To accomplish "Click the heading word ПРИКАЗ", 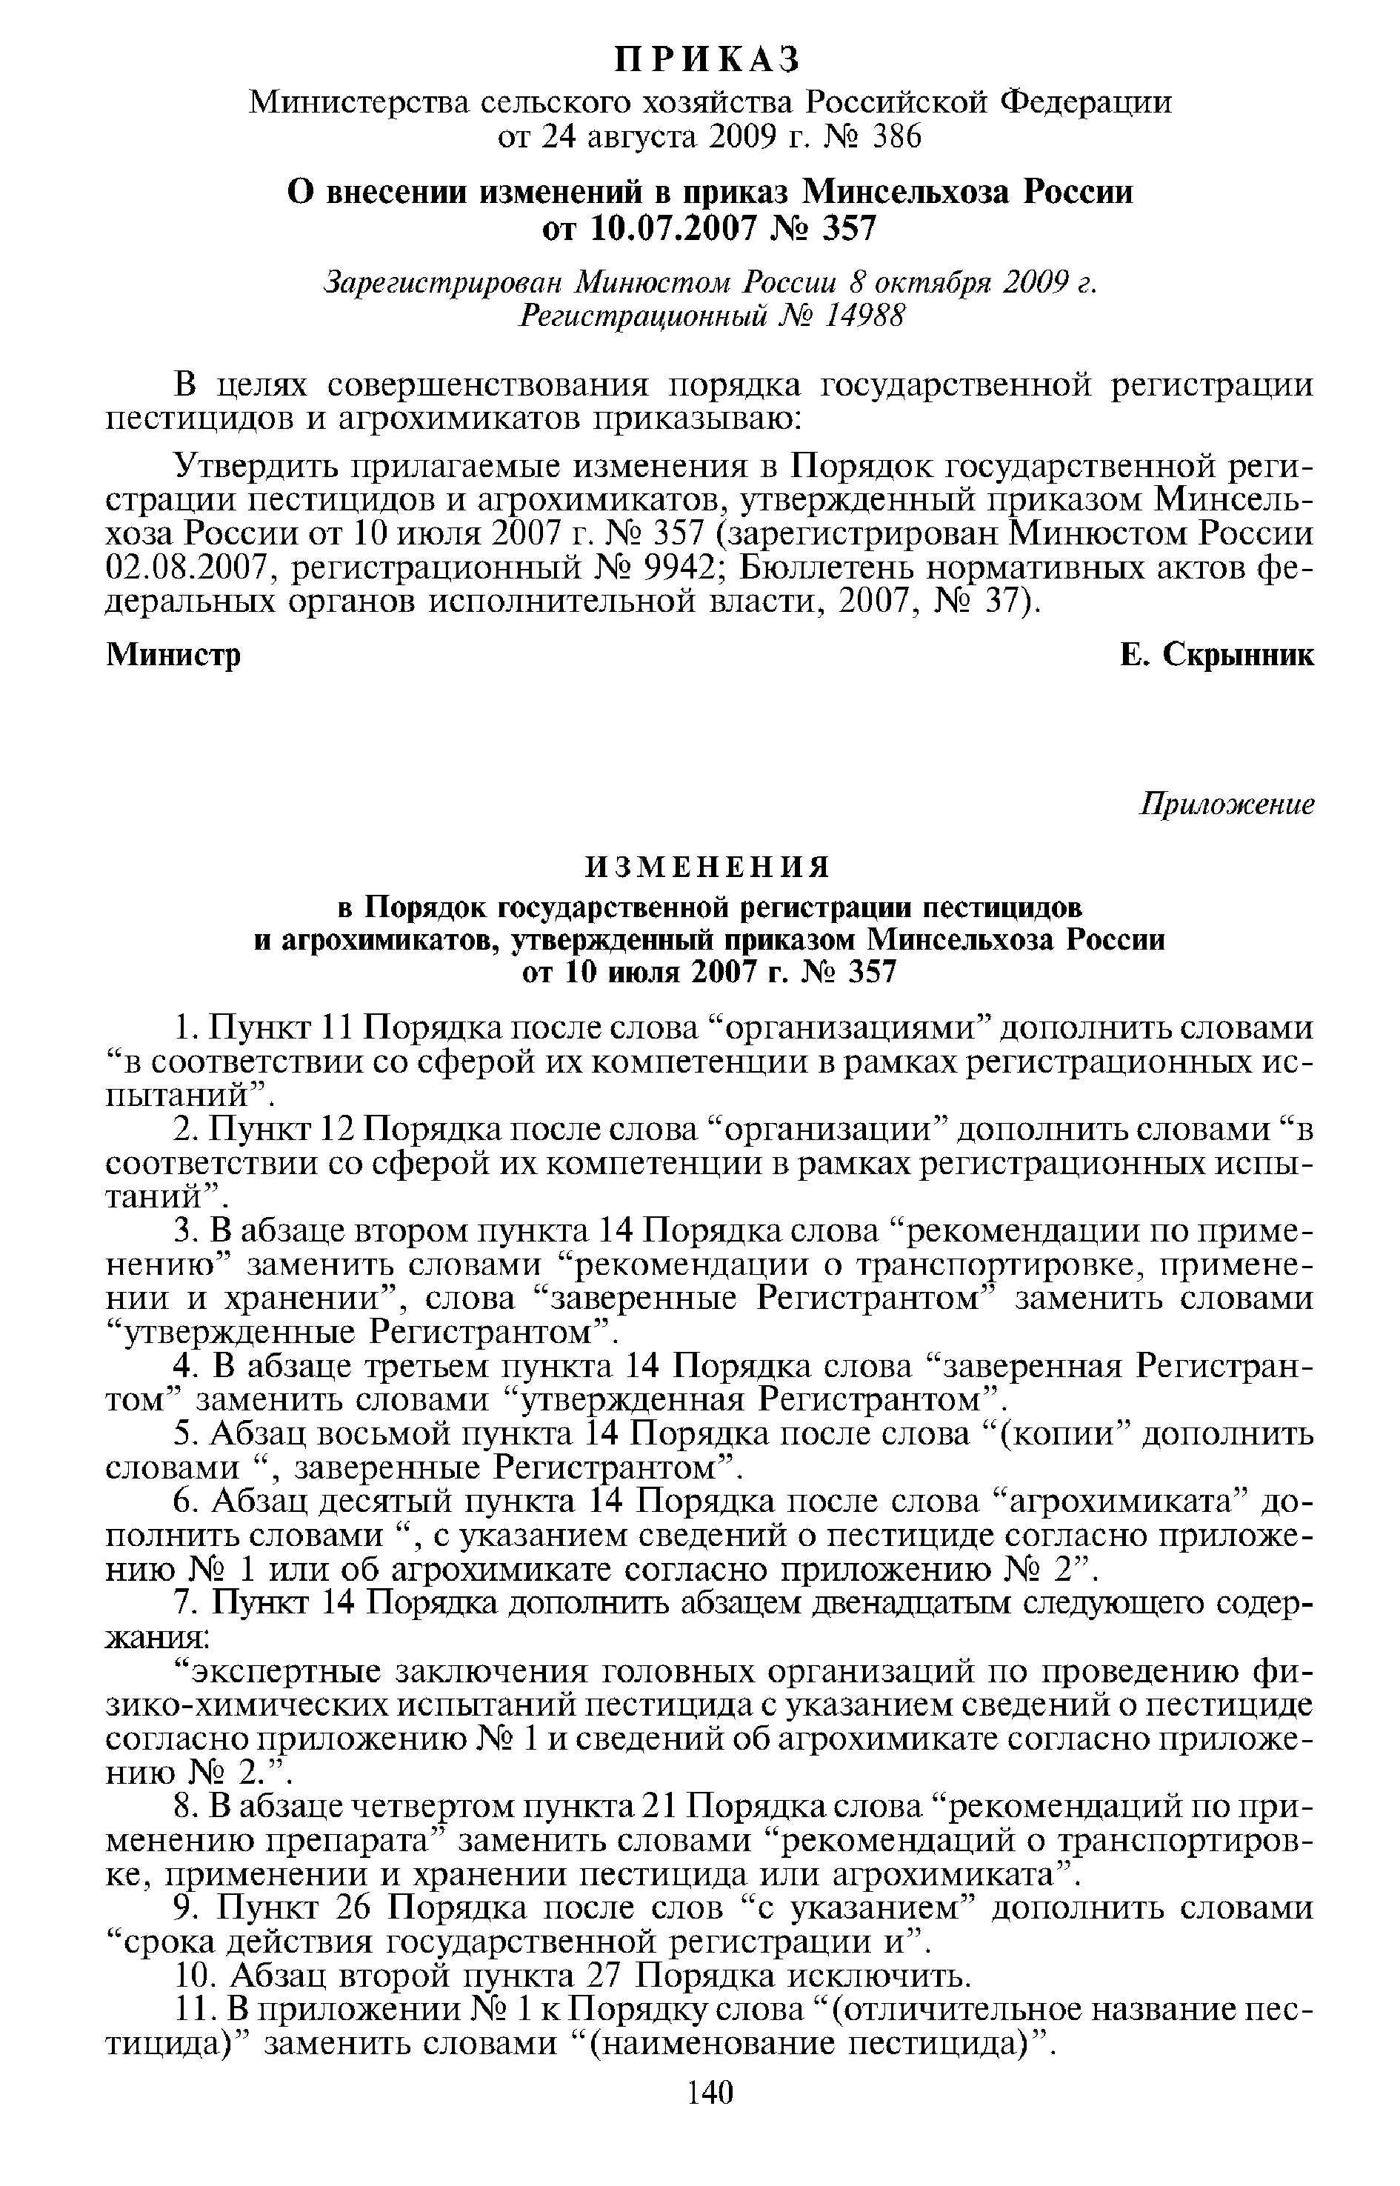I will click(708, 60).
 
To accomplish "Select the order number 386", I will click(896, 136).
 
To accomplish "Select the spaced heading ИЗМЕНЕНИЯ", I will click(707, 868).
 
